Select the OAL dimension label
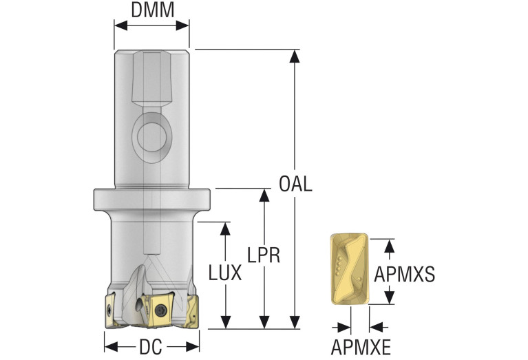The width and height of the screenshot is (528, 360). point(295,184)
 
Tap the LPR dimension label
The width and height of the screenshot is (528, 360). point(264,255)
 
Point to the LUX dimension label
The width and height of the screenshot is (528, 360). point(225,273)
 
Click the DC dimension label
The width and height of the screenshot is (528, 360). point(151,348)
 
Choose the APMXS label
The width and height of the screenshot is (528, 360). point(404,275)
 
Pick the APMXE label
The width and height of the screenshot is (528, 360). point(359,348)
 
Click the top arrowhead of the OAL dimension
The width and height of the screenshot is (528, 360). point(295,56)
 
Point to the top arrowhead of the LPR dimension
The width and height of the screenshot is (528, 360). point(264,194)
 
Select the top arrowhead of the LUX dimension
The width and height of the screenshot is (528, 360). point(225,229)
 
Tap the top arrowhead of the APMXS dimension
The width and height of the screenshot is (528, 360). point(390,245)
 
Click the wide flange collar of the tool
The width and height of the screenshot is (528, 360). point(151,199)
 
